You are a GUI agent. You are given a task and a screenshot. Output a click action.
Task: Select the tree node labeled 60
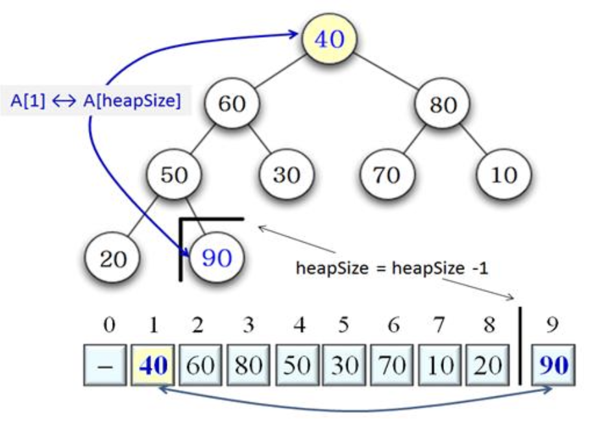tap(232, 103)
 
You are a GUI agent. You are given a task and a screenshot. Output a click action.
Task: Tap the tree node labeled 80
tap(443, 104)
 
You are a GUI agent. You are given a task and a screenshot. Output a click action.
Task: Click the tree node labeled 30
tap(286, 175)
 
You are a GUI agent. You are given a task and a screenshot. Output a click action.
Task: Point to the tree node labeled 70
tap(386, 175)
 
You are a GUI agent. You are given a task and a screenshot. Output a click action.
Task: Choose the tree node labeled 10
tap(504, 175)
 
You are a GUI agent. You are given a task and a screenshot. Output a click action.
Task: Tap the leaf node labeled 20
tap(114, 260)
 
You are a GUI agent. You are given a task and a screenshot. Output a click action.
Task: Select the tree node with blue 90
tap(217, 259)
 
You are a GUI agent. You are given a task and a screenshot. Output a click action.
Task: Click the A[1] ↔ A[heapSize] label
tap(95, 101)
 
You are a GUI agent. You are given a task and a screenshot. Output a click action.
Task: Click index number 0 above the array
tap(109, 324)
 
